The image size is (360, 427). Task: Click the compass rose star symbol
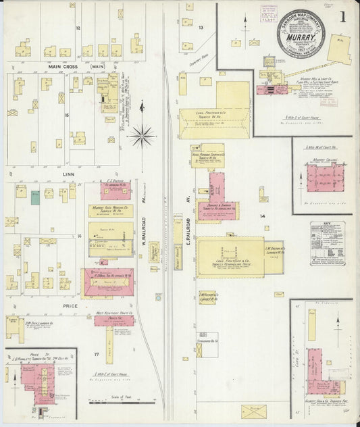click(142, 136)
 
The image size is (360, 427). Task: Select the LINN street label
click(68, 174)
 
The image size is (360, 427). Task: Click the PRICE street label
click(70, 305)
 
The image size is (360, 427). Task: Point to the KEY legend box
click(327, 243)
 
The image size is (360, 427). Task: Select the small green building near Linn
click(34, 197)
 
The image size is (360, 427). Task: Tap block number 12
click(78, 28)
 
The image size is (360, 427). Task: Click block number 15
click(67, 116)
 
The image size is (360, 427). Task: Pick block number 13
click(201, 28)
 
